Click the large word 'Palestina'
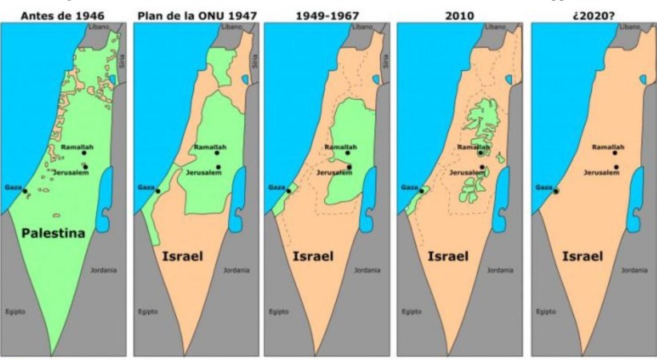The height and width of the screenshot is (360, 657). click(x=54, y=234)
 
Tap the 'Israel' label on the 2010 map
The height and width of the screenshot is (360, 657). click(x=449, y=257)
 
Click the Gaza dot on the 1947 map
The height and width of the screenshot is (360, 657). click(x=158, y=191)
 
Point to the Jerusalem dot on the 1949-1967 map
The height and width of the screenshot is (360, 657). click(x=350, y=167)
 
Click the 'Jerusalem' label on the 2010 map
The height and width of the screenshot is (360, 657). click(x=466, y=172)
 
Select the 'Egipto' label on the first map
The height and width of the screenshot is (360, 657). click(x=15, y=310)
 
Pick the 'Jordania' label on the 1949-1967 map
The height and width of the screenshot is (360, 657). click(x=367, y=270)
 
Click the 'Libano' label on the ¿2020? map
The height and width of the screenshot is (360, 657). click(x=631, y=27)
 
